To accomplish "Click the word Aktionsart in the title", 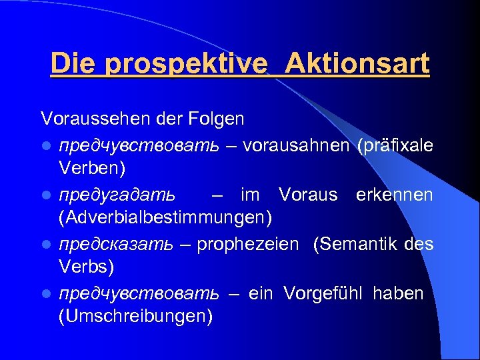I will click(357, 64).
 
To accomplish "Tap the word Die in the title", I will click(73, 64).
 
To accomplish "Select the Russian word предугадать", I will click(117, 195).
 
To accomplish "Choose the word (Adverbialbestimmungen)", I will click(165, 218).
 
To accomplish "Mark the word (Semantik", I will click(357, 244).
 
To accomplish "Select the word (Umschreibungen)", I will click(135, 317).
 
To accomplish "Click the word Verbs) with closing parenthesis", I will click(86, 267).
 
